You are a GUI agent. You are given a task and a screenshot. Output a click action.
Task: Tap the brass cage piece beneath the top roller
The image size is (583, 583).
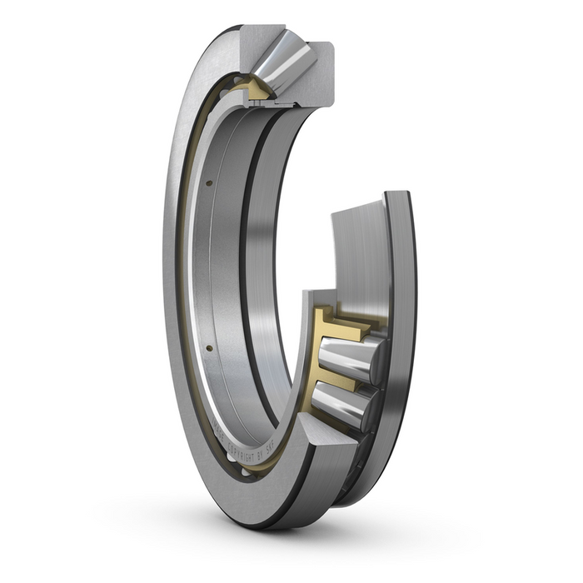click(x=255, y=90)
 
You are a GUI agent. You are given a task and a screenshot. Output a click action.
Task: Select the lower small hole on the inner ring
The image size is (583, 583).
click(x=209, y=347)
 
